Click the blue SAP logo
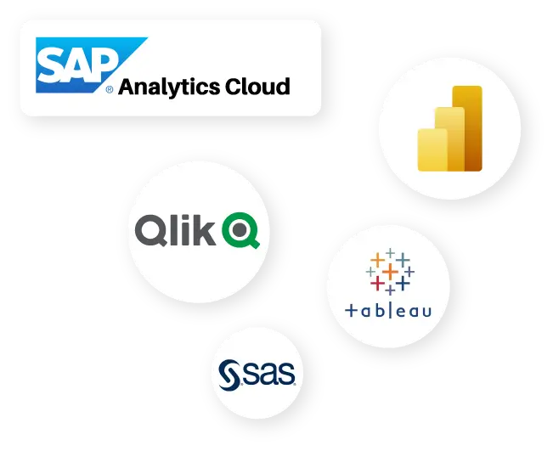tap(81, 65)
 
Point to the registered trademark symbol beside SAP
tap(110, 89)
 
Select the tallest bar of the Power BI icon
tap(467, 128)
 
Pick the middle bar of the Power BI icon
tap(449, 139)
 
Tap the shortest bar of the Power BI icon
tap(432, 150)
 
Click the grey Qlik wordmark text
tap(175, 230)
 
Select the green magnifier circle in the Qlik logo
tap(240, 230)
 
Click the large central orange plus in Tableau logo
tap(390, 272)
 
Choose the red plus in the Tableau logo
tap(377, 283)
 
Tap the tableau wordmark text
tap(388, 310)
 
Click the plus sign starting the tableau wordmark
tap(351, 311)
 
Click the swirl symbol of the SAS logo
tap(230, 375)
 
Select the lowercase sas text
tap(268, 374)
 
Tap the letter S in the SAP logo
tap(51, 65)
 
